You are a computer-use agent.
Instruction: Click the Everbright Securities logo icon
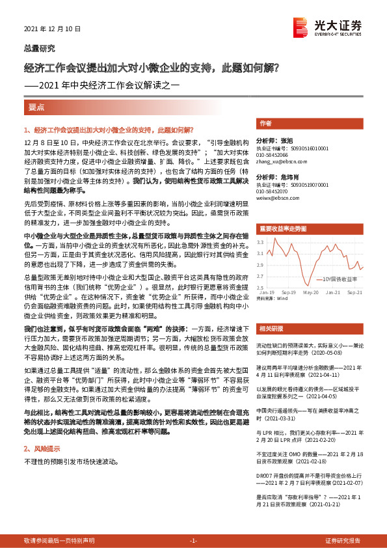tap(301, 26)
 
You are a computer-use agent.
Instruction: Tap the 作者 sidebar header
tap(265, 123)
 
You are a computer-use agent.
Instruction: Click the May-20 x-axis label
tap(310, 293)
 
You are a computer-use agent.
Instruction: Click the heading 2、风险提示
tap(42, 449)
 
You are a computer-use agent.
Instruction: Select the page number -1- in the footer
tap(193, 541)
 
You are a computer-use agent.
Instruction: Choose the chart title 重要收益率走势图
tap(282, 229)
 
